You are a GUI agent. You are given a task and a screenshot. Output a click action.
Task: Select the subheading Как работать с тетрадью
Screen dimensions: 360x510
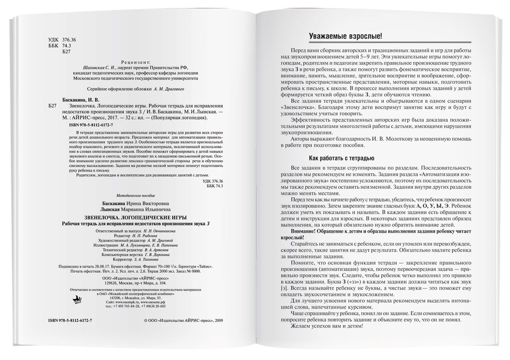pos(342,159)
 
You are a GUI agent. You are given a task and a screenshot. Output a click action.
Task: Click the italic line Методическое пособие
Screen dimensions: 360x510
pos(136,196)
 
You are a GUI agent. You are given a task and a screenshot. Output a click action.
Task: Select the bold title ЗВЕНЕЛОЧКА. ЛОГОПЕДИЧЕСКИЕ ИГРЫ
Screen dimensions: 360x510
pos(136,218)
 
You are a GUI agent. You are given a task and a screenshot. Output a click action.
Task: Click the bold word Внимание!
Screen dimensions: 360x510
pos(303,231)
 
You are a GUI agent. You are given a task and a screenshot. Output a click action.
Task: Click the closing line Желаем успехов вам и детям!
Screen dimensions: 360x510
pos(327,326)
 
